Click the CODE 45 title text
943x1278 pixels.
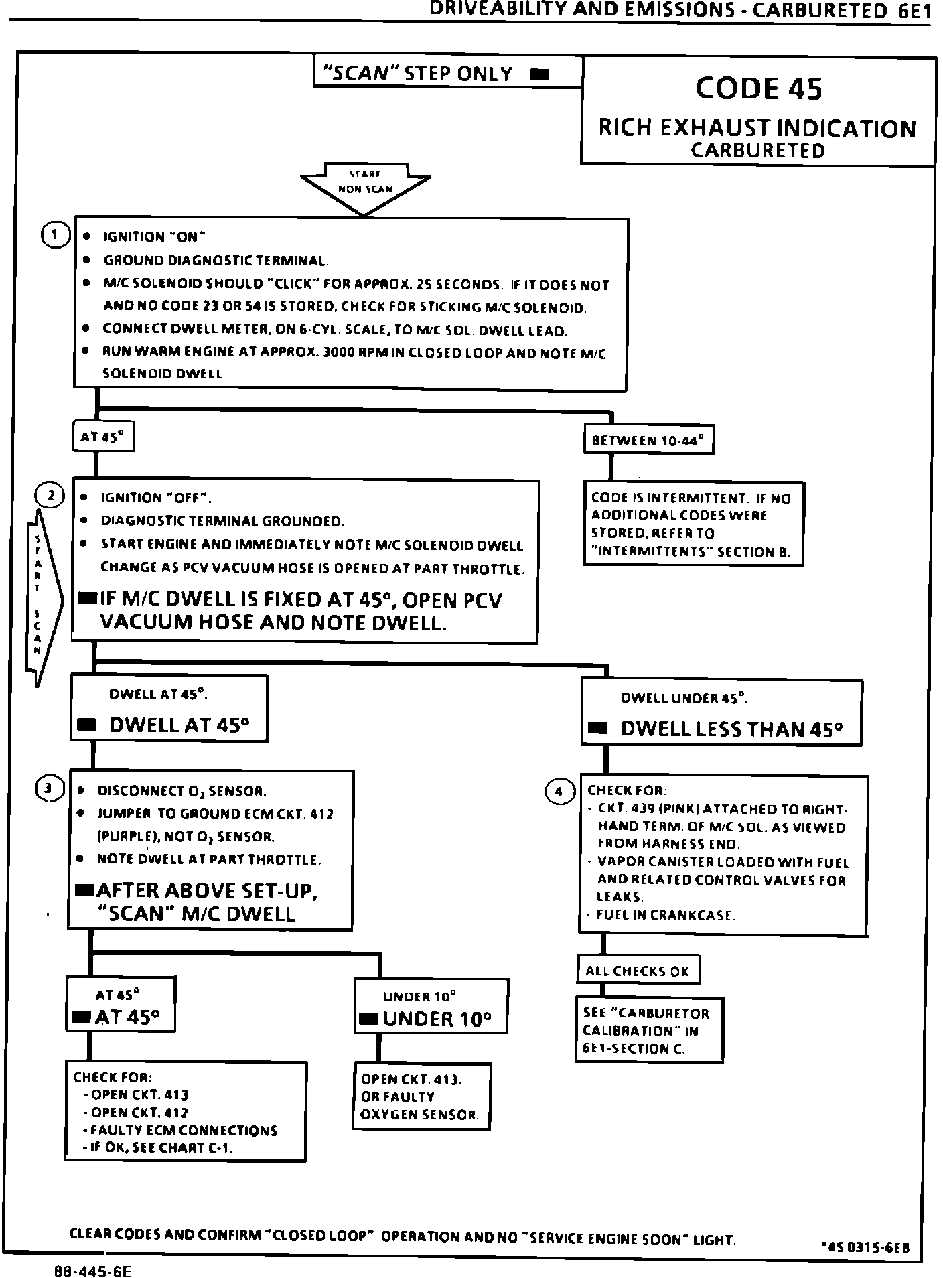[x=758, y=88]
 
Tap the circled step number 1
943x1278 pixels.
[x=54, y=235]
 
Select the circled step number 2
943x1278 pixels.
[x=50, y=496]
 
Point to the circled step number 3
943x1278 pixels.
[x=49, y=788]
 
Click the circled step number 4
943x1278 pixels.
[x=560, y=792]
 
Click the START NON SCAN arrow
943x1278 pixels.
[x=365, y=187]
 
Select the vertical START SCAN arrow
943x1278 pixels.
[x=42, y=596]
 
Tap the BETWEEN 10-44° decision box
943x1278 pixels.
[x=648, y=440]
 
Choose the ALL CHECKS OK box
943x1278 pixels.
[x=637, y=971]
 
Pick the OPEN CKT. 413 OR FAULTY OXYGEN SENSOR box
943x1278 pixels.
[x=421, y=1097]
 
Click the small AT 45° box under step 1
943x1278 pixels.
[x=102, y=437]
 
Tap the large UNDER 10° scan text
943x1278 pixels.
[x=437, y=1019]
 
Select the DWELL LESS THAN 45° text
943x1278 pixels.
[x=731, y=729]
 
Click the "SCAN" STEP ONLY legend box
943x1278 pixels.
[x=447, y=73]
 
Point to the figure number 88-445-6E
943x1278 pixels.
[x=94, y=1269]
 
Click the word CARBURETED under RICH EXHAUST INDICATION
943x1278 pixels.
[x=757, y=151]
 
